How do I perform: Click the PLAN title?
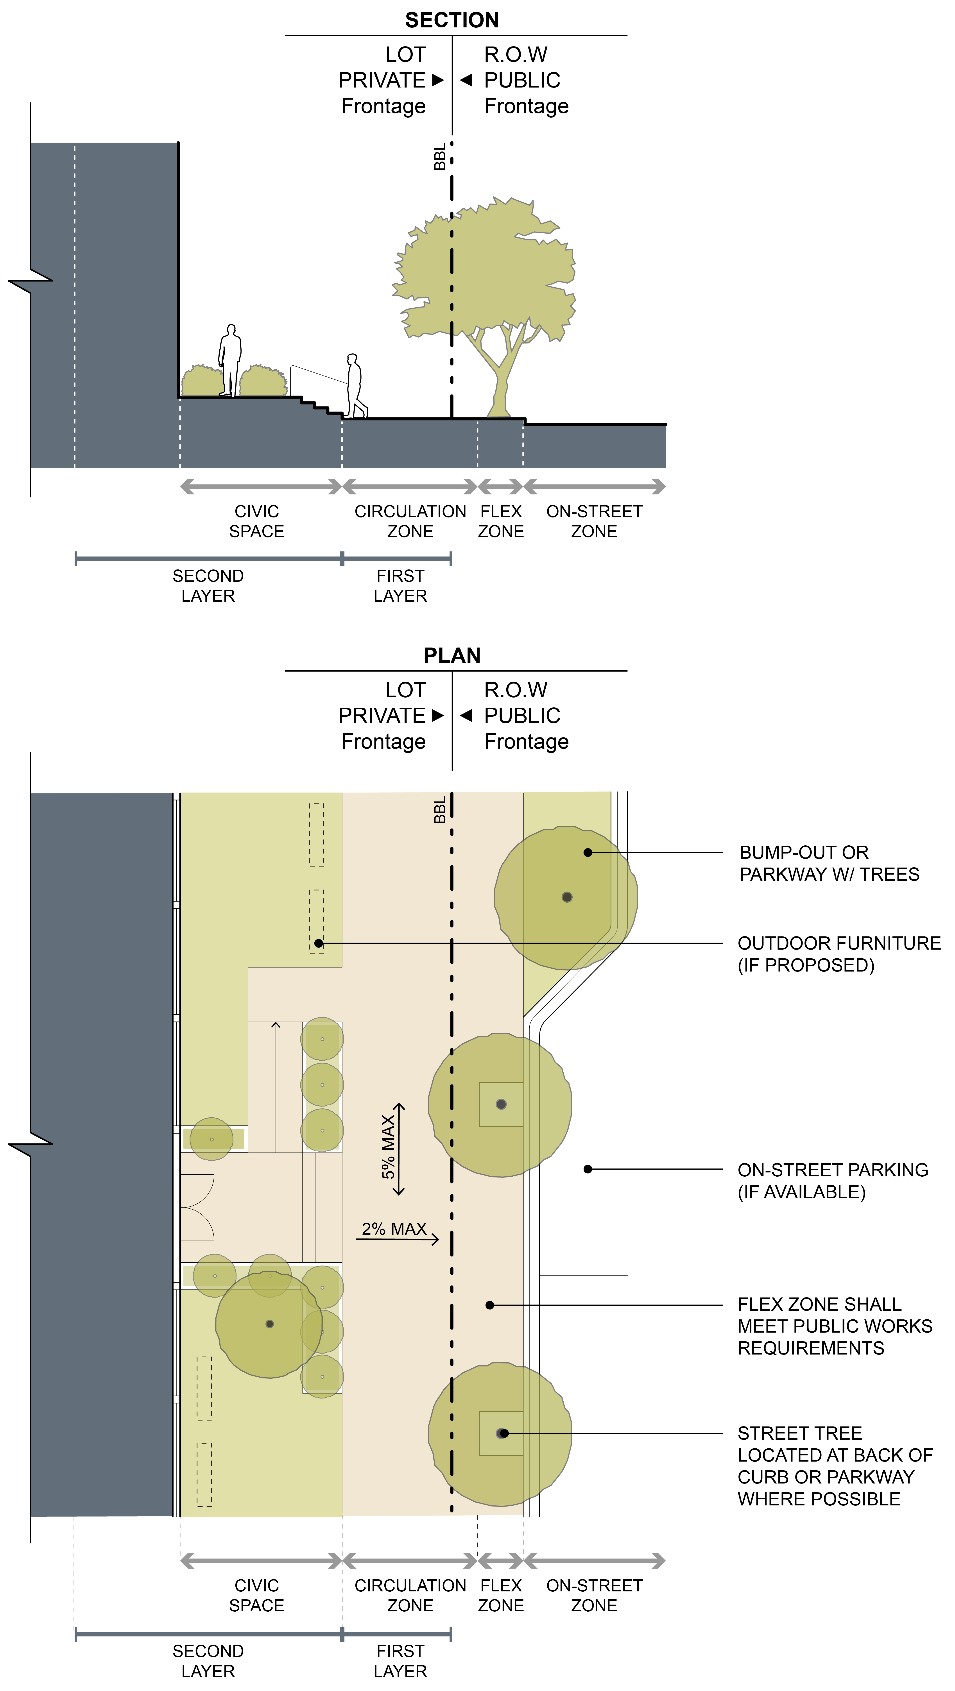[x=452, y=655]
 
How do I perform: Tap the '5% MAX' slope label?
[x=389, y=1147]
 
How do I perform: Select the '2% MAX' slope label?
[x=394, y=1229]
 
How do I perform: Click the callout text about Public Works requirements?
[x=834, y=1326]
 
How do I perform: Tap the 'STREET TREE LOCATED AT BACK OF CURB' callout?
[x=834, y=1466]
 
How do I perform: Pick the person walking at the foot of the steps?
[x=355, y=386]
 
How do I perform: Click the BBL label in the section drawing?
[x=440, y=156]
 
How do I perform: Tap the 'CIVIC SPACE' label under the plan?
[x=257, y=1595]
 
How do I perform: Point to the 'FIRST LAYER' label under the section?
[x=400, y=585]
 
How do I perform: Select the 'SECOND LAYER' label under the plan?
[x=208, y=1661]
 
